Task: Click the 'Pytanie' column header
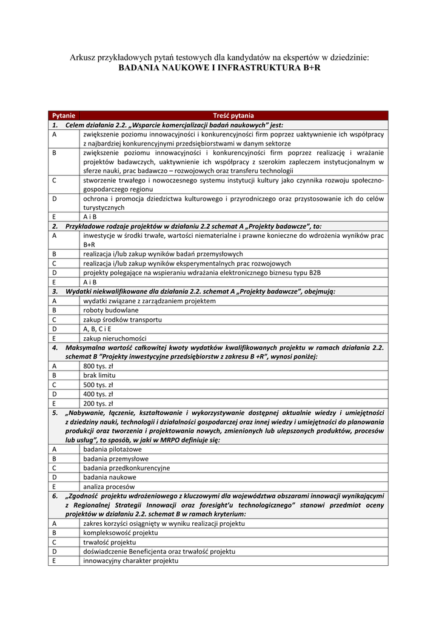click(x=64, y=115)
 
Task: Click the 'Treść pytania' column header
click(x=233, y=115)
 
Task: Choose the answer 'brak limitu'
click(x=98, y=375)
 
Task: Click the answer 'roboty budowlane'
click(x=110, y=310)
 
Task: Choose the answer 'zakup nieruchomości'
click(x=115, y=338)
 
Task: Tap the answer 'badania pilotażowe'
click(x=112, y=449)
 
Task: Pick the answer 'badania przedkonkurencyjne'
click(x=126, y=468)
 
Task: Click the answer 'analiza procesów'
click(x=109, y=486)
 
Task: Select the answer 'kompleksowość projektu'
click(x=120, y=532)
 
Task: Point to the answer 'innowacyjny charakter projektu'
click(x=130, y=561)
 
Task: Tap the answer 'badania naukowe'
click(x=109, y=477)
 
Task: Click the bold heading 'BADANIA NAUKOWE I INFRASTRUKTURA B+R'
click(x=219, y=69)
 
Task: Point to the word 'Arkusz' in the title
click(x=83, y=58)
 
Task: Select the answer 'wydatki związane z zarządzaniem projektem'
click(x=149, y=301)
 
